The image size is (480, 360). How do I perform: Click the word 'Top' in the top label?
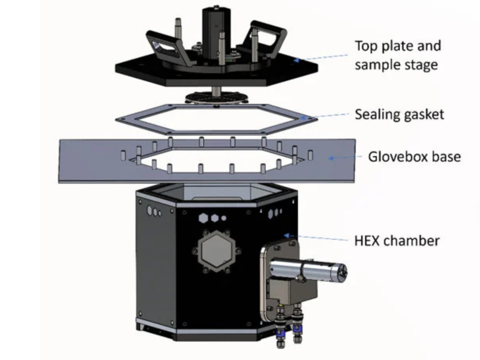(367, 46)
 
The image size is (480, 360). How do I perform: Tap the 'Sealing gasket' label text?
(399, 114)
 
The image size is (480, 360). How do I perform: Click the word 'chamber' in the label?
(412, 240)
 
